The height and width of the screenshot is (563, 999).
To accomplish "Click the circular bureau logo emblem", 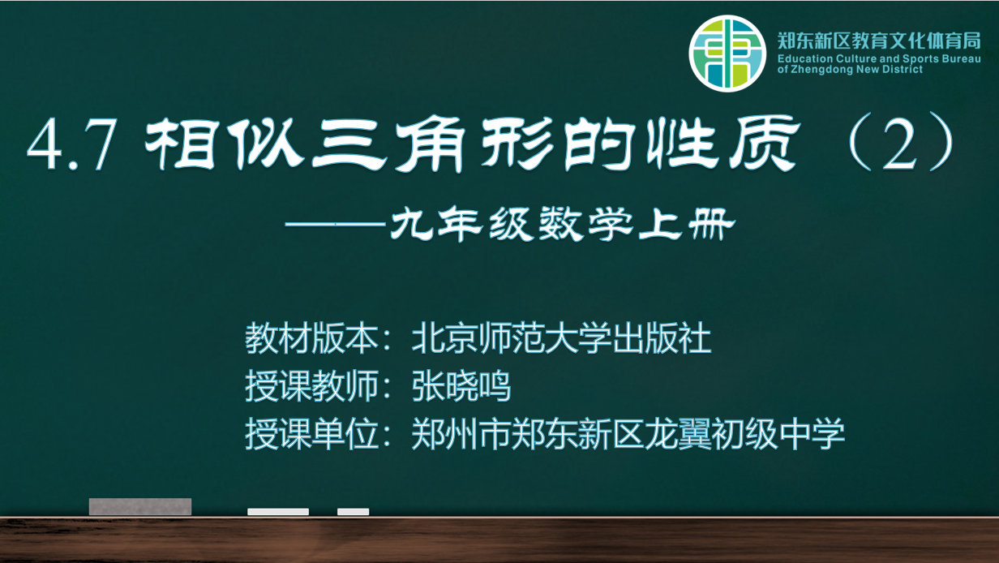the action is point(727,54).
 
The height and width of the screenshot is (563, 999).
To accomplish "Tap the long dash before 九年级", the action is point(335,224).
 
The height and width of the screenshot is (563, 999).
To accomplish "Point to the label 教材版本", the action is point(311,338).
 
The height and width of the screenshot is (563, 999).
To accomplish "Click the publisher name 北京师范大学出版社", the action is point(561,338).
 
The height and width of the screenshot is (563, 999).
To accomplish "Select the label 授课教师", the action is point(311,386).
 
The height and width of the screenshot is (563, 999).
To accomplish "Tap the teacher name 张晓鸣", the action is point(461,386).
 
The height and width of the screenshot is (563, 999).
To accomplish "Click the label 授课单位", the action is point(311,434).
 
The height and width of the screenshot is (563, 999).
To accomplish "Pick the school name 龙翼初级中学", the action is point(744,434).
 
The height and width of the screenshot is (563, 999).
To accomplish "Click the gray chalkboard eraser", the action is point(140,507).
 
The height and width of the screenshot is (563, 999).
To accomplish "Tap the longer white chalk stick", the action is point(278,512).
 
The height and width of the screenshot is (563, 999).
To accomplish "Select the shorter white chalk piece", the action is point(354,512).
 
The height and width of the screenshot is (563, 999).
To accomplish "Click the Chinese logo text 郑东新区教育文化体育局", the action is point(879,41).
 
